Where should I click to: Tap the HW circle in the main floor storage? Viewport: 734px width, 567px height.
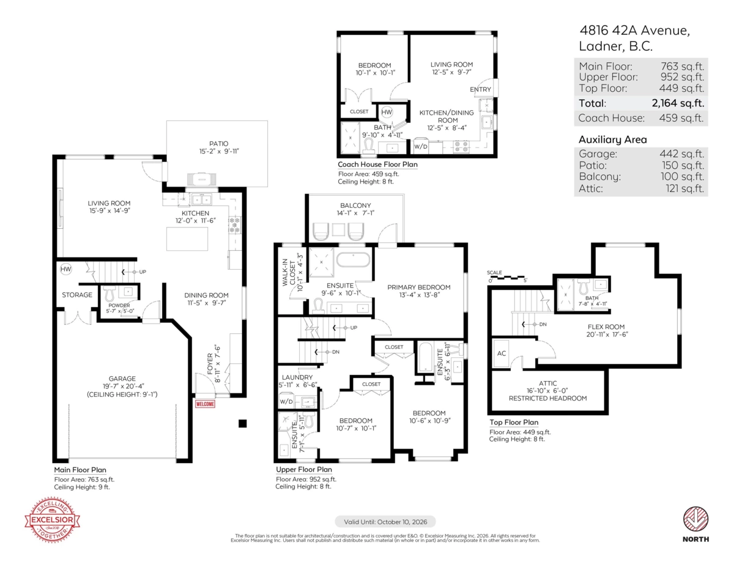pos(65,269)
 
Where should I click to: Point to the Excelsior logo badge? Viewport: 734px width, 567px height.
pos(52,519)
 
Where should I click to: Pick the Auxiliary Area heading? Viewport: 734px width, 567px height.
pos(612,139)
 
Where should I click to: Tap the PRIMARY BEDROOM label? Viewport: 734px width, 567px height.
pos(419,287)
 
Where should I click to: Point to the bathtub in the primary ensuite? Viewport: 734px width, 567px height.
pos(353,259)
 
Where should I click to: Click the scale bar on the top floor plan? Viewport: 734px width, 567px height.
pos(507,277)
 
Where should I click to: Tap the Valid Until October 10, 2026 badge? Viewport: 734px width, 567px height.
pos(385,522)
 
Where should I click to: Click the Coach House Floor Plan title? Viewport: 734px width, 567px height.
pos(377,165)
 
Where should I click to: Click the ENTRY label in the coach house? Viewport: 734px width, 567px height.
pos(480,89)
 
